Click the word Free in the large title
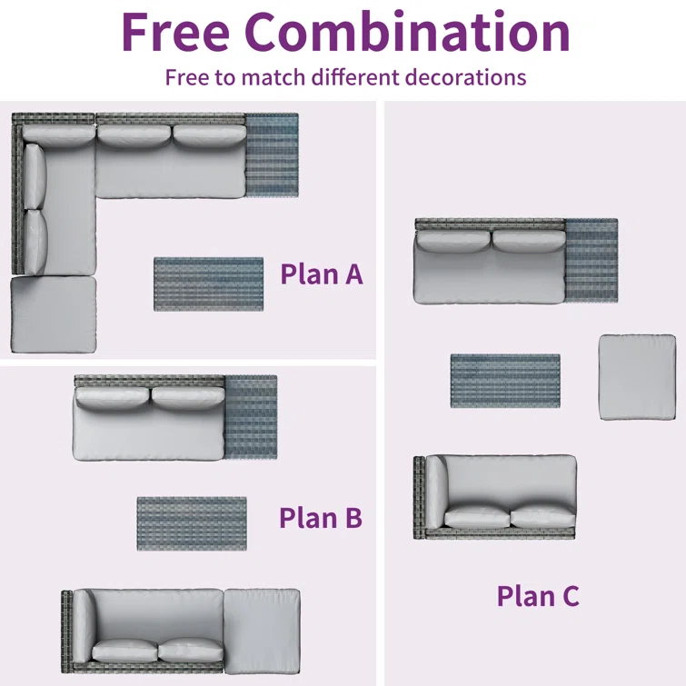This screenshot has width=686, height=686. pos(175,33)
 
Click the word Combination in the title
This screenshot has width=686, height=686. pos(407,32)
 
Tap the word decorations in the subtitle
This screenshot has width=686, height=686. pos(465,77)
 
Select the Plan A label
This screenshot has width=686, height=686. pos(322,274)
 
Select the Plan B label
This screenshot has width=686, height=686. pos(321,518)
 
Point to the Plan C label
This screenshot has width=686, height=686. pos(538,596)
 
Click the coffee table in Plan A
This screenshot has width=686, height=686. pos(209,283)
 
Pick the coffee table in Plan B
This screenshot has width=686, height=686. pos(192,523)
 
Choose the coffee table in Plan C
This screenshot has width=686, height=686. pos(505,381)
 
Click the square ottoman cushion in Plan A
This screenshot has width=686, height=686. pos(54,314)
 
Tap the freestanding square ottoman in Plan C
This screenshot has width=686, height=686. pos(638,378)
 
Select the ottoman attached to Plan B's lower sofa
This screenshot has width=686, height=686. pos(262,631)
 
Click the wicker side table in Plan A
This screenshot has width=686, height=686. pos(272,154)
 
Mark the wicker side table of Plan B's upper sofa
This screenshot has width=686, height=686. pos(251,417)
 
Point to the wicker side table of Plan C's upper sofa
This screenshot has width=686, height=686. pos(592,260)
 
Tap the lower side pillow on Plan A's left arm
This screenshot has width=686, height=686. pos(35,242)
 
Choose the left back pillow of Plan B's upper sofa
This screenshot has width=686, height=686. pos(113,398)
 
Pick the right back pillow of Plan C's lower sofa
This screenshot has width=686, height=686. pos(542,518)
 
